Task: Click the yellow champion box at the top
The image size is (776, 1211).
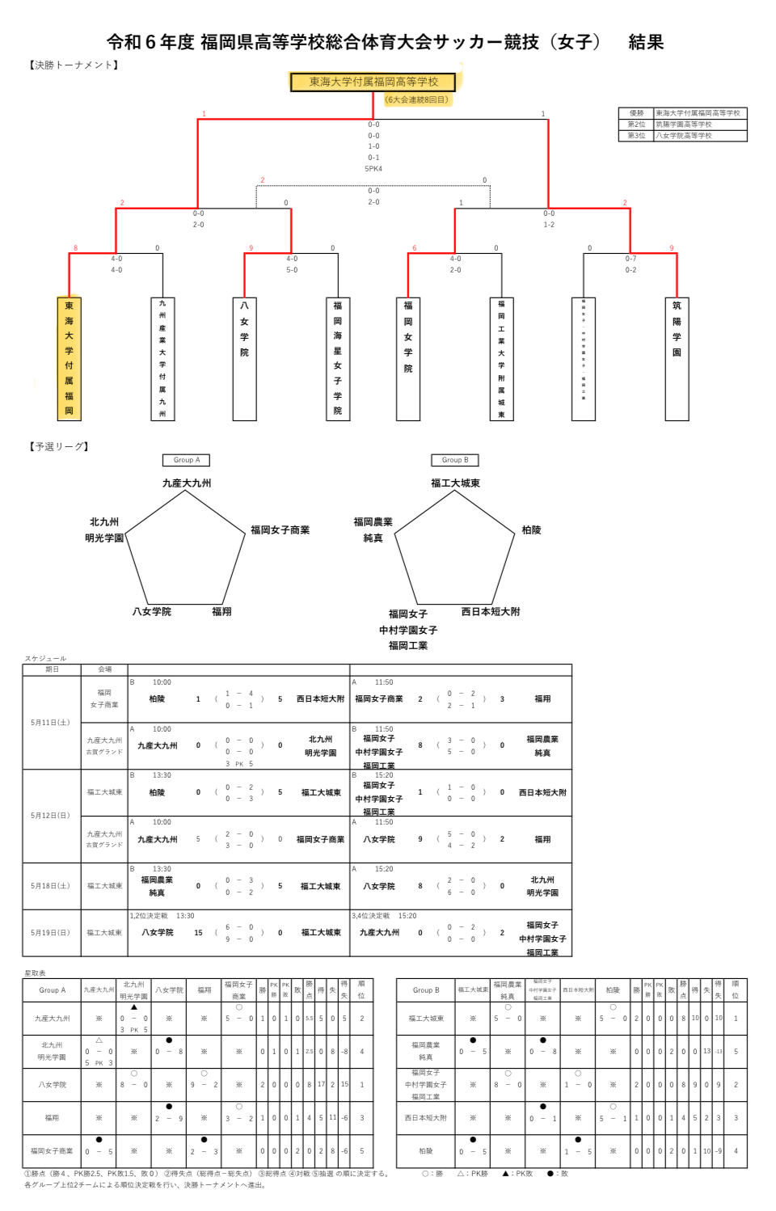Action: [x=373, y=82]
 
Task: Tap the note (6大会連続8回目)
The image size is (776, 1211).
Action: [x=416, y=99]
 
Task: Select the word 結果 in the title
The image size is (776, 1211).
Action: [x=646, y=42]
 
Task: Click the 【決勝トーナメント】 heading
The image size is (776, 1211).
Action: [x=74, y=65]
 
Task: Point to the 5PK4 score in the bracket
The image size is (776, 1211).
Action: [x=373, y=169]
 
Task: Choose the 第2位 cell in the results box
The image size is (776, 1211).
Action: [x=636, y=124]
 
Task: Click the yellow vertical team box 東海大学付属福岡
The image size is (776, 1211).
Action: [x=70, y=358]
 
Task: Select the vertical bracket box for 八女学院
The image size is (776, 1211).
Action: [x=244, y=358]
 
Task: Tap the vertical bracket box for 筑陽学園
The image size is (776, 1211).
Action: [x=677, y=358]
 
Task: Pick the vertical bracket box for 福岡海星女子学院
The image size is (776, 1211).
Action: [x=338, y=358]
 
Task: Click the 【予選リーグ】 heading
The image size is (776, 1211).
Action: [x=60, y=446]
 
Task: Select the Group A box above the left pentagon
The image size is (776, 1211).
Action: [x=187, y=460]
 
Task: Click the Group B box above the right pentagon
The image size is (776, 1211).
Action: [x=455, y=460]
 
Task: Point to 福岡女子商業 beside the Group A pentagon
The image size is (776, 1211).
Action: [x=280, y=530]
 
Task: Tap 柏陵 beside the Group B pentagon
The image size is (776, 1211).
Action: [x=531, y=530]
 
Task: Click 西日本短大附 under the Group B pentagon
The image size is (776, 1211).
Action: [x=491, y=612]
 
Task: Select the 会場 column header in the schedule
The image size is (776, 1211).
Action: [x=105, y=669]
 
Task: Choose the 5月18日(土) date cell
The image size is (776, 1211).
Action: [x=51, y=886]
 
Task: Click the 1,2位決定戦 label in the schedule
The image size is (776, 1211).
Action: [x=149, y=916]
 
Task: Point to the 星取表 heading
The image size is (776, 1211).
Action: [x=36, y=973]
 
